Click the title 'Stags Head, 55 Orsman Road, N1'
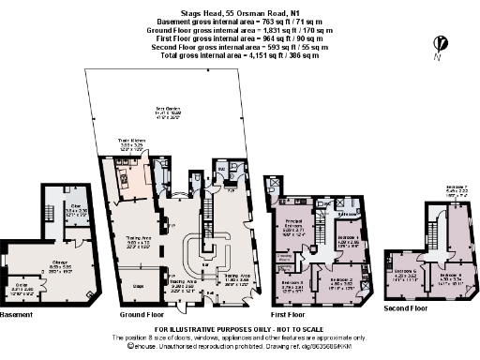[239, 6]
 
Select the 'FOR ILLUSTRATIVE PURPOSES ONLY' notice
[238, 329]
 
